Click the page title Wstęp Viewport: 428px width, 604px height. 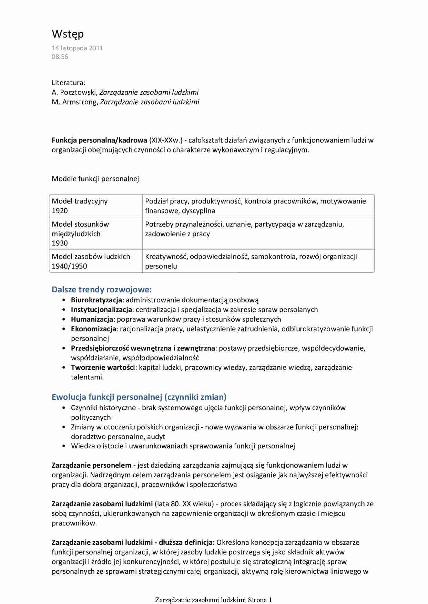[68, 34]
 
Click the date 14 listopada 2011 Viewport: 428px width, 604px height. [77, 48]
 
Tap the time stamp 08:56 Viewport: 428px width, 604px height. [60, 57]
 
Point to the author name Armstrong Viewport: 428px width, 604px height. [80, 102]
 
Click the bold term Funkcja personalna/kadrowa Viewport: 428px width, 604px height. [99, 140]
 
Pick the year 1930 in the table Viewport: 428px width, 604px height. [60, 243]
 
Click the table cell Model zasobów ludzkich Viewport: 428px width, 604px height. [91, 257]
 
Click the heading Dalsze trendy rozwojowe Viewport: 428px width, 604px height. [101, 290]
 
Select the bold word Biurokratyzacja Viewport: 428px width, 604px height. [96, 300]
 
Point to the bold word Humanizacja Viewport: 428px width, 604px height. [92, 319]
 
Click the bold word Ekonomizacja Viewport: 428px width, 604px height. [93, 329]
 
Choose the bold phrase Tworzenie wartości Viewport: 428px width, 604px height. [103, 367]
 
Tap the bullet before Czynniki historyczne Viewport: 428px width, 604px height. [64, 408]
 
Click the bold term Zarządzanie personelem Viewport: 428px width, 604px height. [91, 465]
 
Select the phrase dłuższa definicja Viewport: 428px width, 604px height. [186, 542]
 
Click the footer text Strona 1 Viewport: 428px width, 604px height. [260, 600]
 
